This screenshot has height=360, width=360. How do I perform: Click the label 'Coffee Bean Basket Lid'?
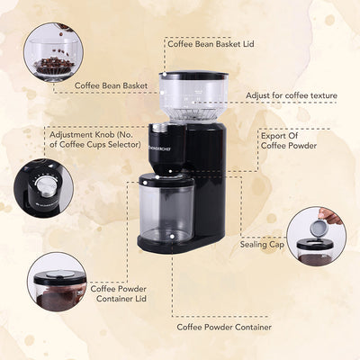(x=211, y=41)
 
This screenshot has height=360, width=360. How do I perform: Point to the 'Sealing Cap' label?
(x=261, y=243)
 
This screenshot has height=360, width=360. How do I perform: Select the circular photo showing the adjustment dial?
(x=43, y=187)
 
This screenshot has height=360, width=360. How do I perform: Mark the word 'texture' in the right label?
(x=319, y=94)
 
